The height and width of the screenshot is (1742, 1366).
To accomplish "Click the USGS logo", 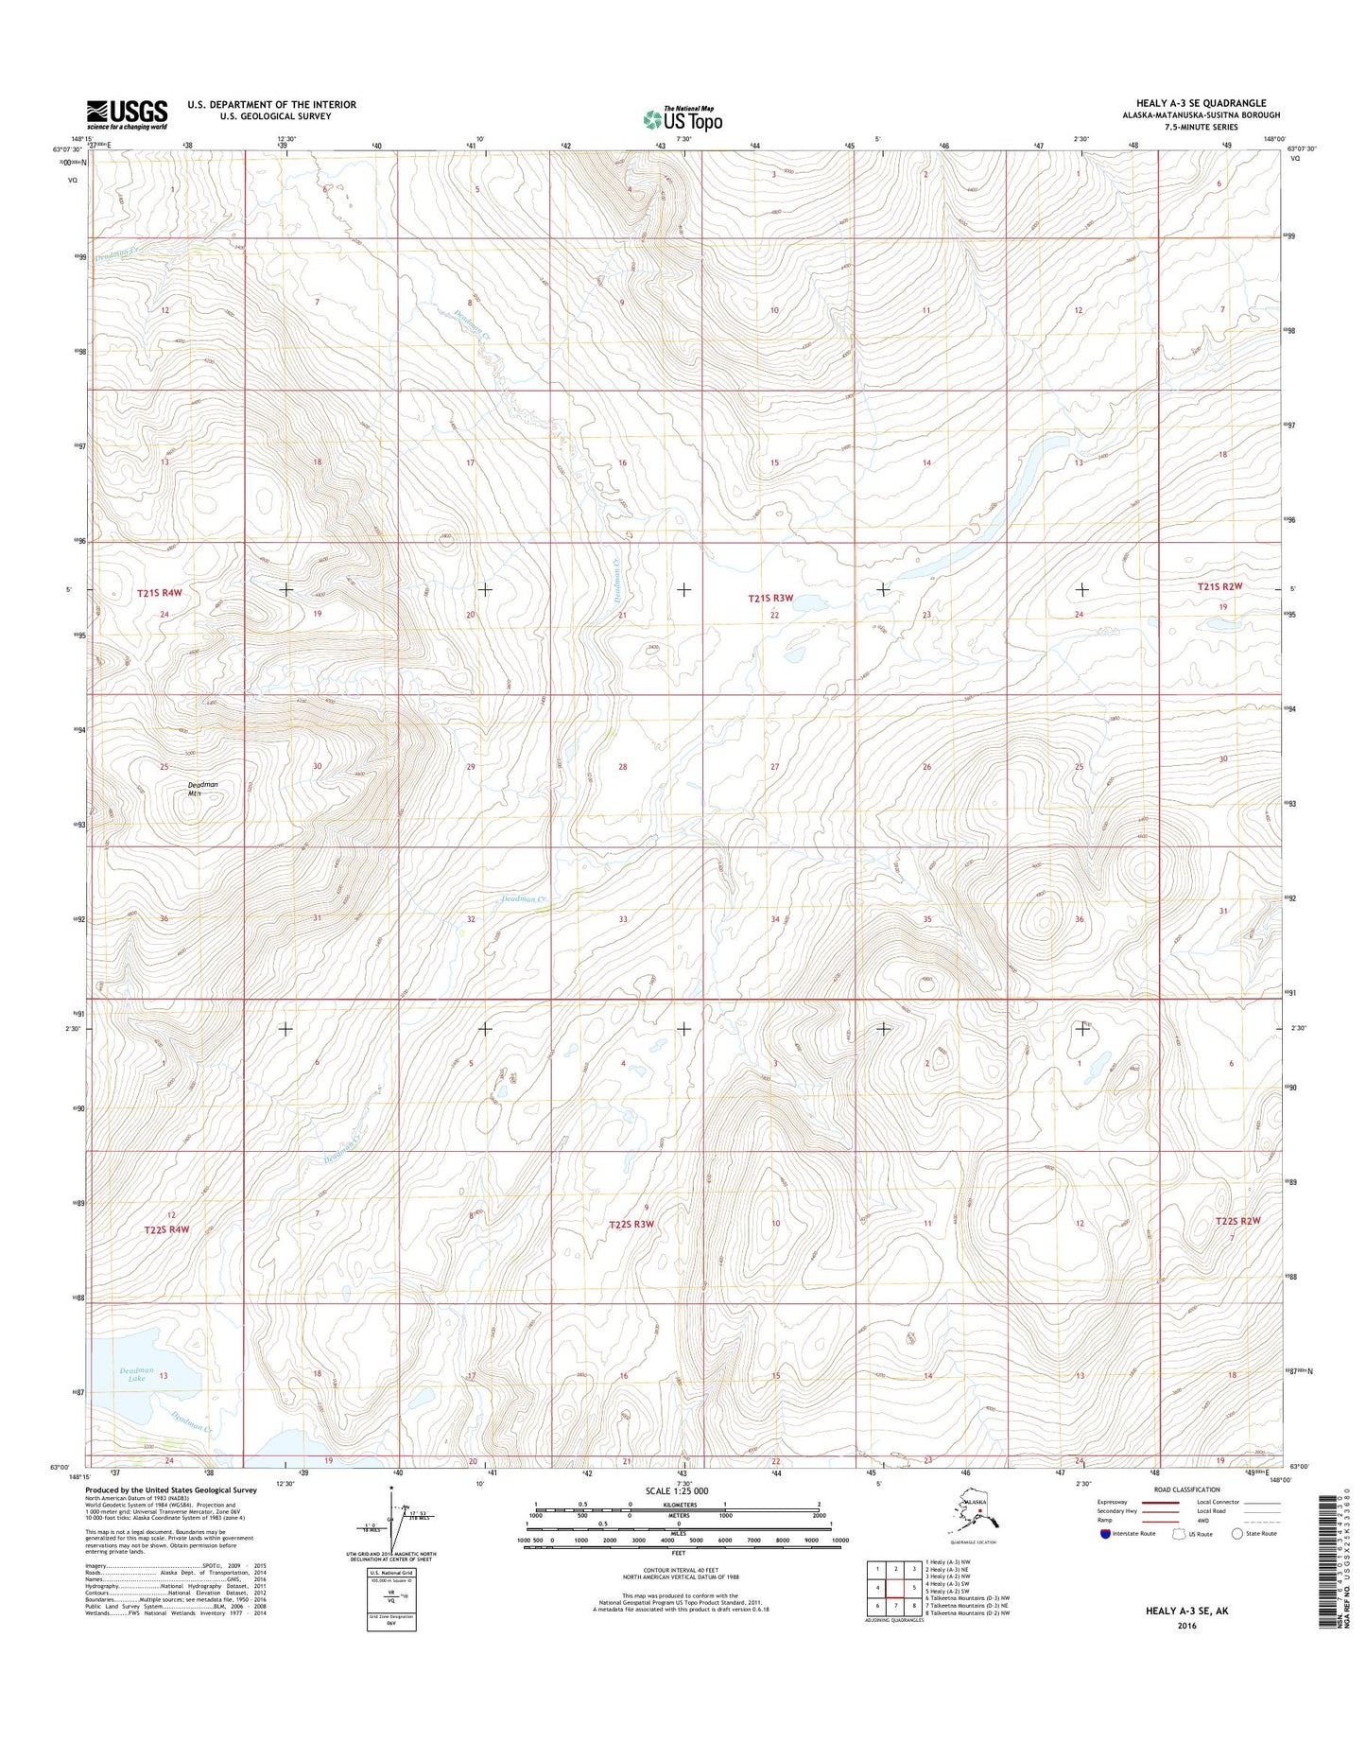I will pos(127,114).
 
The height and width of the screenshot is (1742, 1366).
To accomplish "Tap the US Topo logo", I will pos(683,119).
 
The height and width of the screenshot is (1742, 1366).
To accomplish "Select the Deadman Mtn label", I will pos(202,790).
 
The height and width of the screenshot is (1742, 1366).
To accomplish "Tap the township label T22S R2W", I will pos(1237,1221).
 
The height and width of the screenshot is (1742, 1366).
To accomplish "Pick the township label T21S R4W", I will pos(159,593).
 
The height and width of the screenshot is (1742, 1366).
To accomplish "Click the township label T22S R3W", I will pos(631,1225).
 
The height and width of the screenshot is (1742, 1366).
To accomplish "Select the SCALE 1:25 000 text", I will pos(676,1491).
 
